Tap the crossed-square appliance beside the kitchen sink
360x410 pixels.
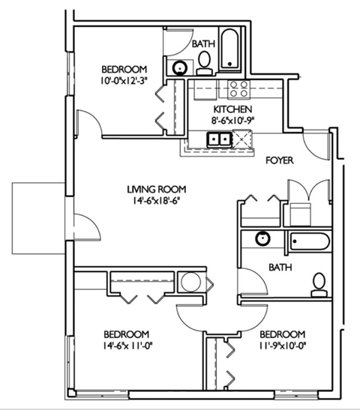click(x=244, y=139)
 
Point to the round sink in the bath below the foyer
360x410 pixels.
click(x=262, y=239)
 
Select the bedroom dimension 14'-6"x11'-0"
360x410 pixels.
click(x=125, y=346)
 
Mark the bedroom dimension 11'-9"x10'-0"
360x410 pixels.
click(x=282, y=346)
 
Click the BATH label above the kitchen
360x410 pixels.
click(x=204, y=44)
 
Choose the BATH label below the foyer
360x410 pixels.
click(x=281, y=266)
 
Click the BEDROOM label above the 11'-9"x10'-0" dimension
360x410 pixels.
click(x=282, y=334)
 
